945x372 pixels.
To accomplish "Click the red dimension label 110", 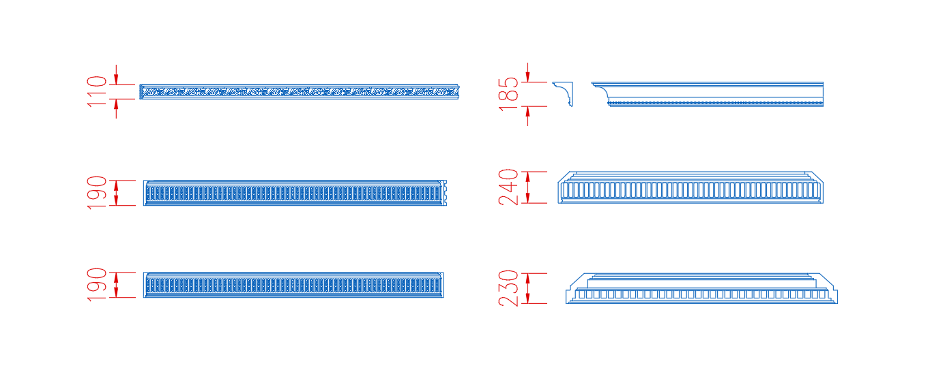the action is [x=97, y=91].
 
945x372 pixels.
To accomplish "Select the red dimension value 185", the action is [x=508, y=94].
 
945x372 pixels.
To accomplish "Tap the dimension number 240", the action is [x=508, y=187].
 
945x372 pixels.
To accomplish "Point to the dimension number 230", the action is [x=508, y=288].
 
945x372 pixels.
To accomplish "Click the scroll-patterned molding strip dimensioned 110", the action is [x=300, y=91].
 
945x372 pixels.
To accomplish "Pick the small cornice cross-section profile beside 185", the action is [x=564, y=93].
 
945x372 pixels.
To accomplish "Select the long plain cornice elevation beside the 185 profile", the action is [x=708, y=94].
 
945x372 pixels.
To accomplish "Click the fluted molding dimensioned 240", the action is [x=690, y=187].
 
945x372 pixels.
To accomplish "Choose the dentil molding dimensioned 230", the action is [x=701, y=288].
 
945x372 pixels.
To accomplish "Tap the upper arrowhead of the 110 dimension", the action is [x=116, y=79].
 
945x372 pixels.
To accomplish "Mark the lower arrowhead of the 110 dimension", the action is [x=116, y=104].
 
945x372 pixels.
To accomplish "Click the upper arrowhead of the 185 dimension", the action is [x=527, y=77].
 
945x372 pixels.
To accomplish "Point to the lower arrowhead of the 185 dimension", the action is [x=527, y=112].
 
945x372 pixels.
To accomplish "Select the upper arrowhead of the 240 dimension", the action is [x=527, y=177].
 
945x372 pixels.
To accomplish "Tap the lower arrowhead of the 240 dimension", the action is [x=527, y=198].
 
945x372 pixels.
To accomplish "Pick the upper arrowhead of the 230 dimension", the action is [x=527, y=279].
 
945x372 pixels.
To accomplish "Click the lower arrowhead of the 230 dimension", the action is [x=527, y=298].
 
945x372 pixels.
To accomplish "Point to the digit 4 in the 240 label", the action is [x=508, y=187].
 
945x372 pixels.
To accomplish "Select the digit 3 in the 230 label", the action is [x=508, y=288].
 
